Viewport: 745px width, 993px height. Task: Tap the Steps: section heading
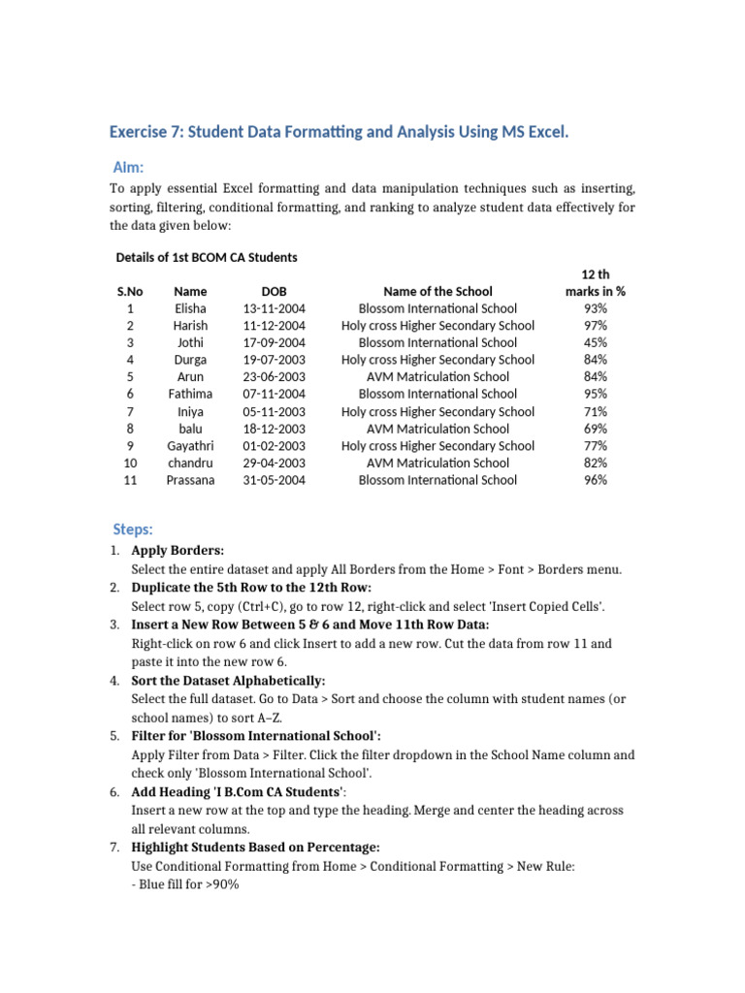(x=133, y=529)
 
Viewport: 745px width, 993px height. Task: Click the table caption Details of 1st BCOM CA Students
(x=207, y=257)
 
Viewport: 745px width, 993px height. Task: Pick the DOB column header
(x=275, y=291)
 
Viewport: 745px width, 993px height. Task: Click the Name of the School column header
(x=437, y=291)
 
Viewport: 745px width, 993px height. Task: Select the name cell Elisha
(x=190, y=308)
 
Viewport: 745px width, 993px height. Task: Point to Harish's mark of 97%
(x=596, y=326)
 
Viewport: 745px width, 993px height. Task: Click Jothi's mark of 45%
(x=596, y=342)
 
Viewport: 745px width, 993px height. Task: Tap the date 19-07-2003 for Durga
(x=275, y=360)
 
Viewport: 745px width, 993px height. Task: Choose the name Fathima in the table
(x=190, y=394)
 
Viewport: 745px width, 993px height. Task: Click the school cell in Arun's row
(x=437, y=376)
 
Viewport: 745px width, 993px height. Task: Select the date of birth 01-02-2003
(x=275, y=445)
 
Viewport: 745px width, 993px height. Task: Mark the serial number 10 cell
(x=130, y=463)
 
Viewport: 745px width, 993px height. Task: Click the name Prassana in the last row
(x=190, y=479)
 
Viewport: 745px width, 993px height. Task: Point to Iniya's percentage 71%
(x=596, y=411)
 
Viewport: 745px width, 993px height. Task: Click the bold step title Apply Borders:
(x=178, y=551)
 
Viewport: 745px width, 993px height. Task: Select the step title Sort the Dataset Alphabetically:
(x=228, y=681)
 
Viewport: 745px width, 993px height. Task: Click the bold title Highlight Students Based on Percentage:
(x=248, y=848)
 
